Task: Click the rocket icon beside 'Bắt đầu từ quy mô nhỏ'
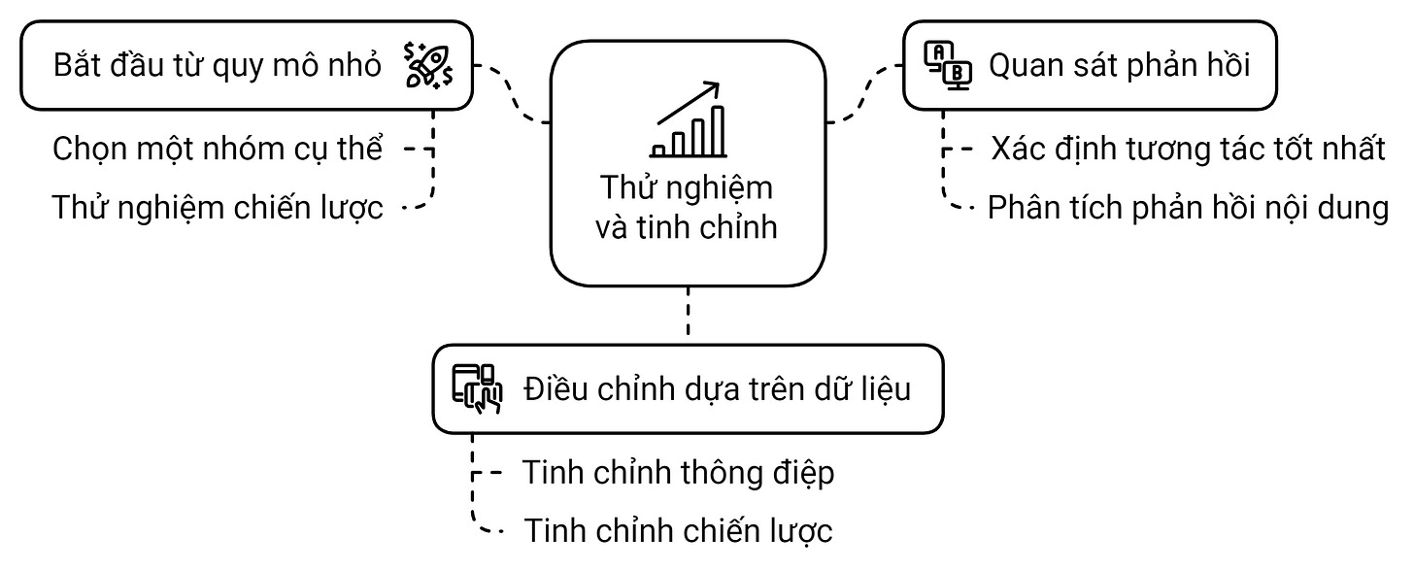(427, 65)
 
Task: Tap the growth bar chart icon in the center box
(689, 120)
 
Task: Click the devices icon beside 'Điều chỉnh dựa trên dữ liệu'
(477, 388)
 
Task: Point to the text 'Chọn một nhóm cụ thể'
(218, 150)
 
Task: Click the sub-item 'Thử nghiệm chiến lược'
(218, 207)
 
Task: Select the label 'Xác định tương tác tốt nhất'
(1188, 150)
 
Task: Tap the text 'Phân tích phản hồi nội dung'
(1188, 207)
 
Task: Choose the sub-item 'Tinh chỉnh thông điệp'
(678, 473)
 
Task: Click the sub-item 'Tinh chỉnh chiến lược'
(678, 530)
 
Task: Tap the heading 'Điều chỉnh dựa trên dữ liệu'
(717, 388)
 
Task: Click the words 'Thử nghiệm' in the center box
(688, 186)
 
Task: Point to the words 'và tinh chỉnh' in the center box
(688, 227)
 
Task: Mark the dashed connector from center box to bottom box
(688, 314)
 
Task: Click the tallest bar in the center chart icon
(718, 131)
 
